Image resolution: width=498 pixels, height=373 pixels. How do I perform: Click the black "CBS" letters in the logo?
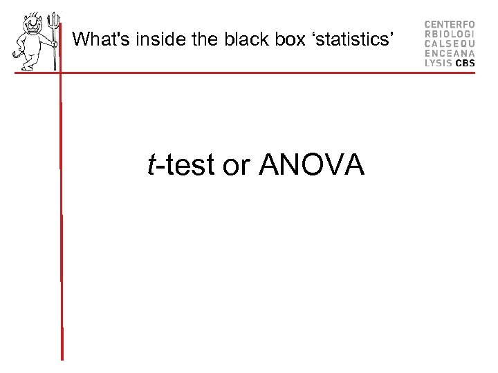(465, 62)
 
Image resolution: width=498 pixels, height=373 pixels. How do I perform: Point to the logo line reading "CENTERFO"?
(450, 23)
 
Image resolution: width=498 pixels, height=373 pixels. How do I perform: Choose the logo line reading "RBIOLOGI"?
(450, 33)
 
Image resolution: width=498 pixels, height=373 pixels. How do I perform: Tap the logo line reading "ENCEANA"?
(450, 52)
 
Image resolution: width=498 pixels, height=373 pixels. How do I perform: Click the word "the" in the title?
(205, 39)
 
